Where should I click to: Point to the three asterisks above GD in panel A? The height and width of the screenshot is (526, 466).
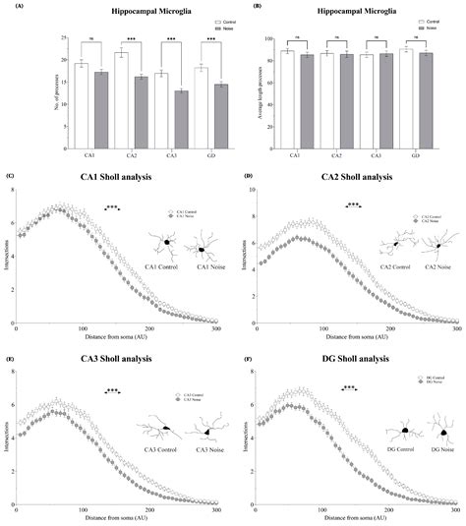tap(206, 40)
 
